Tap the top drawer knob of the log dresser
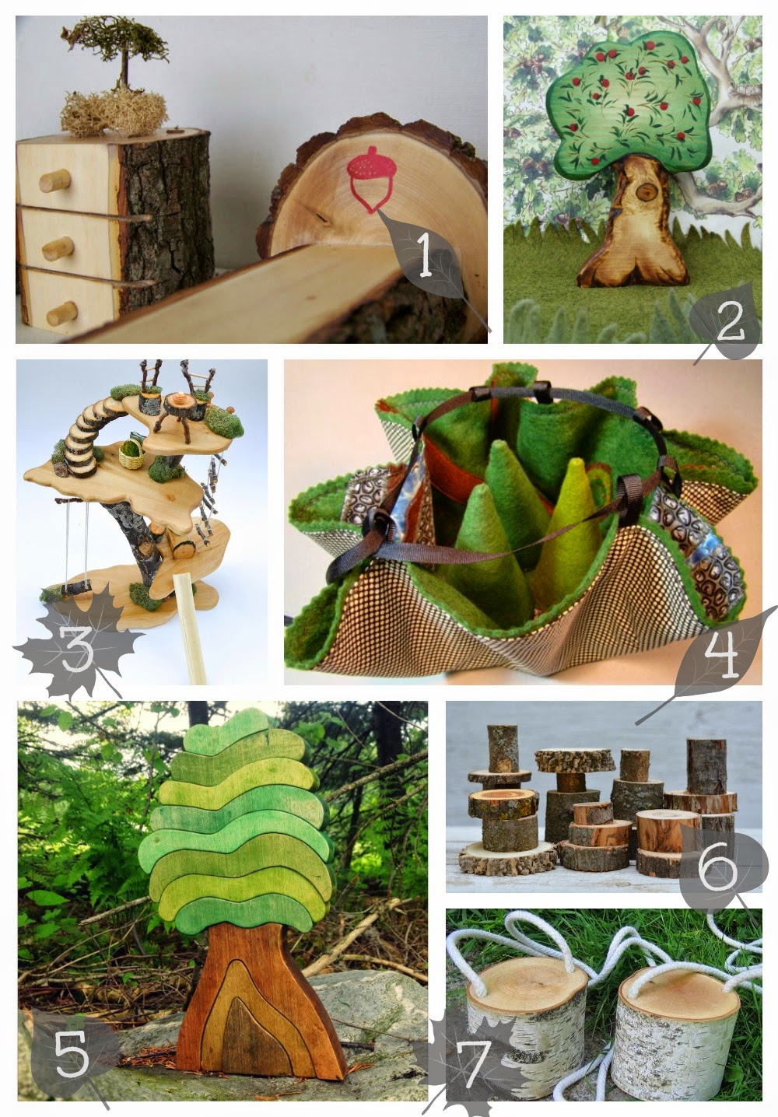pyautogui.click(x=54, y=180)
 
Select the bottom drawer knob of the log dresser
pyautogui.click(x=61, y=313)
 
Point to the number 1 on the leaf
pyautogui.click(x=425, y=255)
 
